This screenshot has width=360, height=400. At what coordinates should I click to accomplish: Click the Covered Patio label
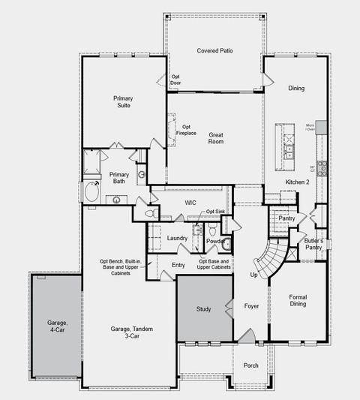pyautogui.click(x=214, y=51)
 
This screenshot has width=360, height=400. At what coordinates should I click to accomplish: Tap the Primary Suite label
pyautogui.click(x=123, y=102)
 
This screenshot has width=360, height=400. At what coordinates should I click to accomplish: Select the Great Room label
pyautogui.click(x=216, y=138)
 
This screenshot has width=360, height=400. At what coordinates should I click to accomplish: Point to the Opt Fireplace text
pyautogui.click(x=186, y=130)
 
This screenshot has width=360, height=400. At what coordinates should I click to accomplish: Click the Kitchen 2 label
pyautogui.click(x=297, y=182)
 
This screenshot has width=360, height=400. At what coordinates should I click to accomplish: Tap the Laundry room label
pyautogui.click(x=177, y=238)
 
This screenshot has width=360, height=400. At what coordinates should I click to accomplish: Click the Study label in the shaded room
pyautogui.click(x=204, y=308)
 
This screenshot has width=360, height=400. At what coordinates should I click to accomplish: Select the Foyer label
pyautogui.click(x=251, y=306)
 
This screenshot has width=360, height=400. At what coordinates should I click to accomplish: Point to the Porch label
pyautogui.click(x=250, y=365)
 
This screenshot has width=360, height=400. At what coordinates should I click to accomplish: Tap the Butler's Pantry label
pyautogui.click(x=313, y=243)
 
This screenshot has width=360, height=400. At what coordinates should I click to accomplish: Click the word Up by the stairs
pyautogui.click(x=253, y=275)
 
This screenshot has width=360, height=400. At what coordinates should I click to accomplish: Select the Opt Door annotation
pyautogui.click(x=175, y=80)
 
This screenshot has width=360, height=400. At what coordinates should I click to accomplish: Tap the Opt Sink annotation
pyautogui.click(x=215, y=212)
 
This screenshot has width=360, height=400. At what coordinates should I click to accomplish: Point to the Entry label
pyautogui.click(x=178, y=265)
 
